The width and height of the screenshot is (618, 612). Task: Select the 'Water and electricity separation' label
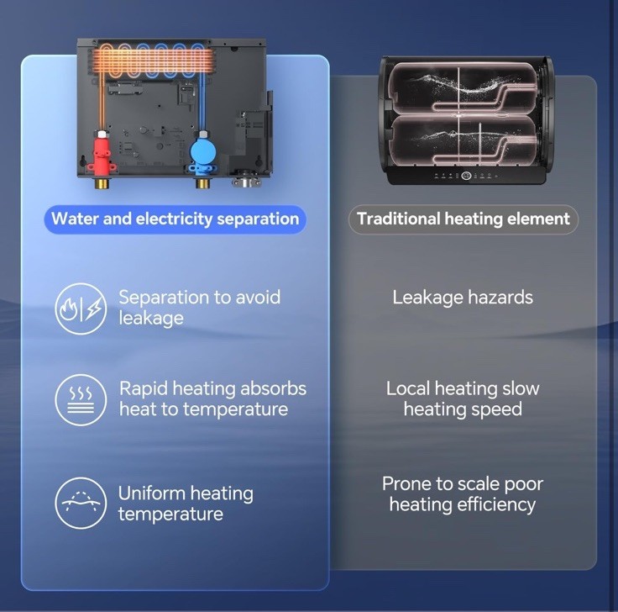(x=175, y=219)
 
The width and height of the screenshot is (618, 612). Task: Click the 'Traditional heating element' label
(x=463, y=219)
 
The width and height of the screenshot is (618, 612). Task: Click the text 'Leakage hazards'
(x=463, y=298)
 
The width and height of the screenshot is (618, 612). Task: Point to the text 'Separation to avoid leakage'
(x=199, y=308)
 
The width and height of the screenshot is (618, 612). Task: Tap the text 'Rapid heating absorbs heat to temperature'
(x=212, y=399)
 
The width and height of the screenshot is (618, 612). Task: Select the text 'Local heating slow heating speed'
(x=463, y=399)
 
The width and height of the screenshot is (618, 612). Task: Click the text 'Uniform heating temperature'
(x=186, y=503)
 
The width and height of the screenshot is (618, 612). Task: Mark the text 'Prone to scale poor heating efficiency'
(x=463, y=494)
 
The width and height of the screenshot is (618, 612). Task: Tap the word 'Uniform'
(x=151, y=493)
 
